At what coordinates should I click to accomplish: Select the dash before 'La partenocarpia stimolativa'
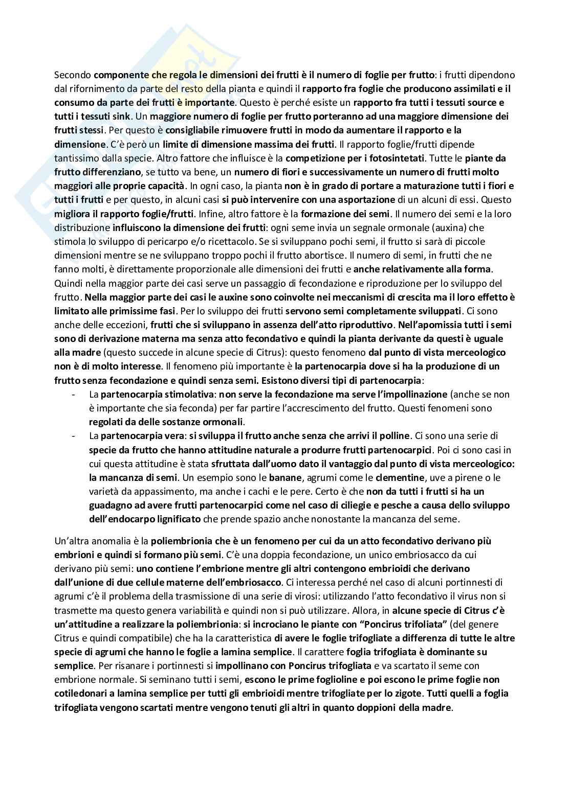point(75,394)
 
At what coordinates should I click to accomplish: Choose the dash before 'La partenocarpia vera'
point(75,436)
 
